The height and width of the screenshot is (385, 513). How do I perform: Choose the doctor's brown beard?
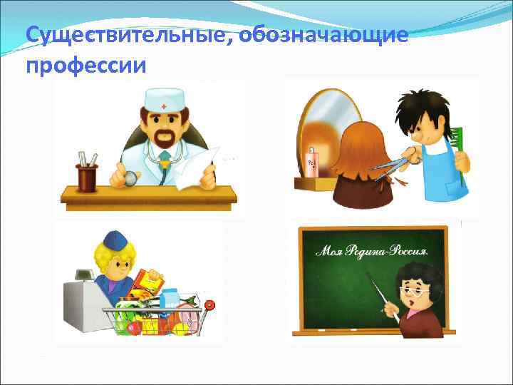(x=165, y=136)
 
